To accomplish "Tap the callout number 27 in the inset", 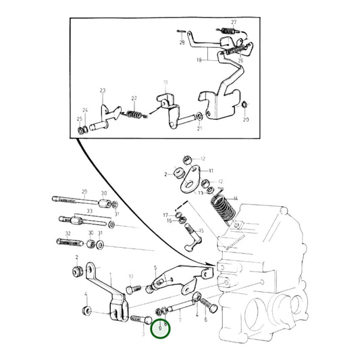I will coord(233,22).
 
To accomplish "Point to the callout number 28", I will coord(181,43).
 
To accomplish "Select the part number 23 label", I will coord(103,91).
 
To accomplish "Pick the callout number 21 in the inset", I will coord(199,128).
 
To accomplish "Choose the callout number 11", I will coord(210,171).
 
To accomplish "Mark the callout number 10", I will coord(130,276).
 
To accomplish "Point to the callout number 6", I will coord(205,322).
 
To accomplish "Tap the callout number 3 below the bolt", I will coord(144,334).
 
